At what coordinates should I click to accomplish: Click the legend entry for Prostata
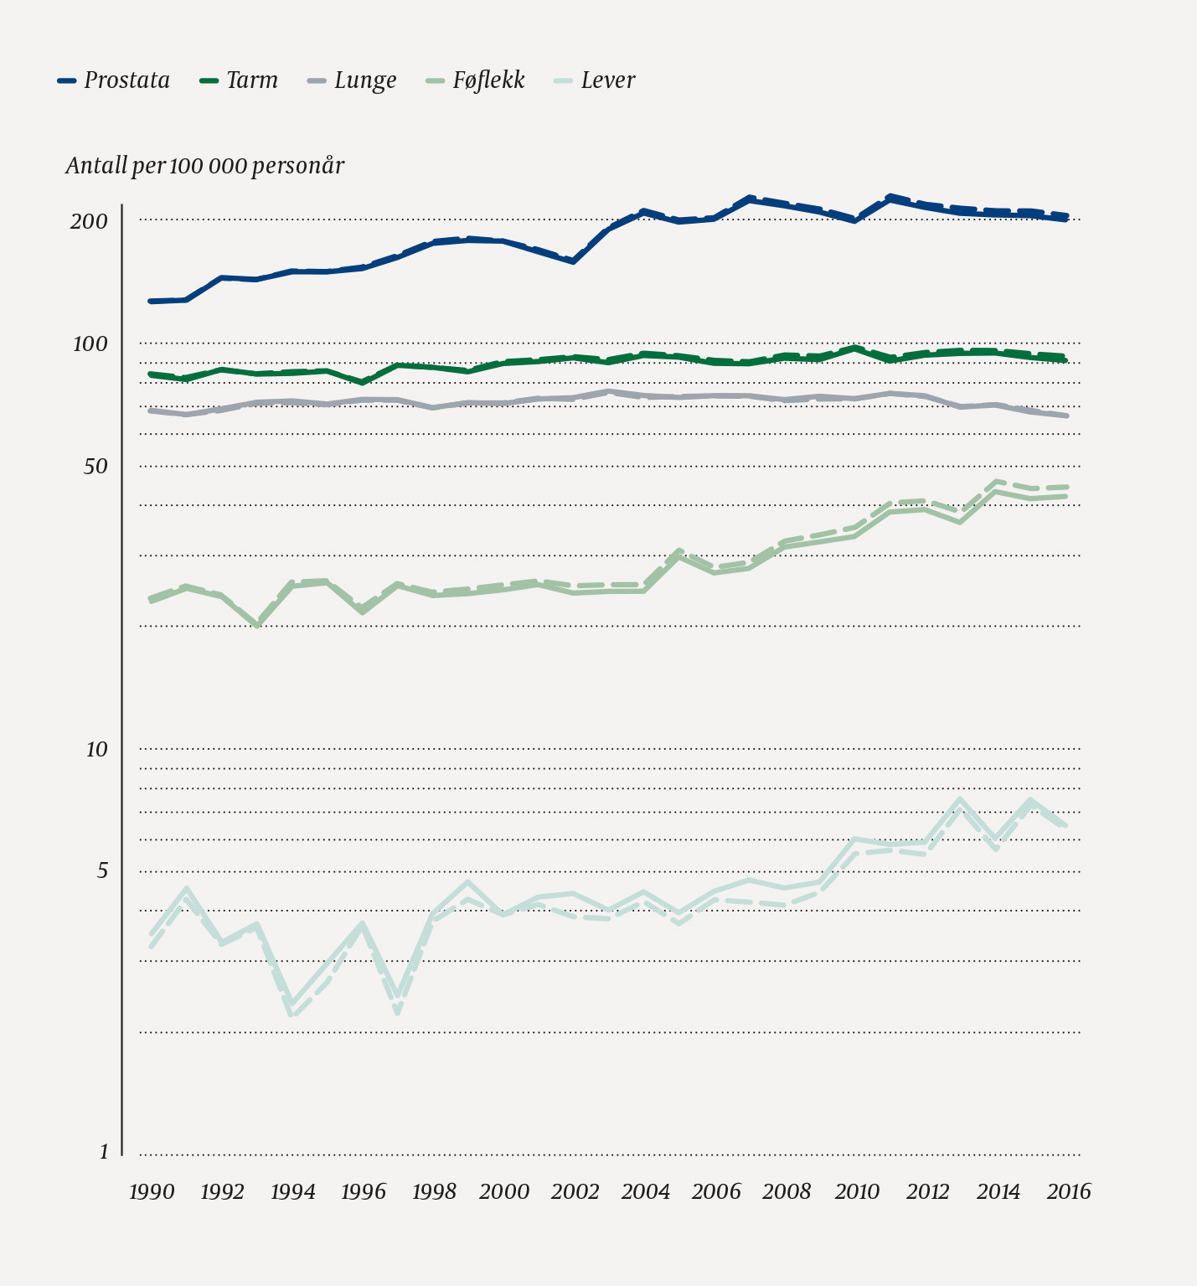[x=114, y=80]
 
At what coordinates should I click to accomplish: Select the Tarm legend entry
[x=240, y=80]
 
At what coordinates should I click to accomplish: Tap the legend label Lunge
[x=352, y=80]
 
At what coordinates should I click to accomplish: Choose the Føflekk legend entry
[x=475, y=80]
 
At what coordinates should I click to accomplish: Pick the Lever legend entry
[x=596, y=80]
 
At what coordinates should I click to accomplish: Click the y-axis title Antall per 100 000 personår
[x=205, y=166]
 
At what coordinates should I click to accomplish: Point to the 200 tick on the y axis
[x=89, y=221]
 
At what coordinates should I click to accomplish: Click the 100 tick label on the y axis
[x=89, y=343]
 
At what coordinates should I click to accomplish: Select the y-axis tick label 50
[x=95, y=466]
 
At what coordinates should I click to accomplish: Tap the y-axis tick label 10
[x=97, y=749]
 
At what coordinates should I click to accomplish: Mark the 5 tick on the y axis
[x=102, y=871]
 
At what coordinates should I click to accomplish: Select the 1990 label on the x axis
[x=152, y=1191]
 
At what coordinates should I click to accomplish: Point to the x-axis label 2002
[x=575, y=1191]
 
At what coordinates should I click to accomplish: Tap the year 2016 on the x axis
[x=1068, y=1191]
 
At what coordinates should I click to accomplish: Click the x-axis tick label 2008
[x=787, y=1191]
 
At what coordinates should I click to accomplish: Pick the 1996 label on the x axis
[x=364, y=1191]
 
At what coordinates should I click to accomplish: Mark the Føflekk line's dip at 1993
[x=257, y=625]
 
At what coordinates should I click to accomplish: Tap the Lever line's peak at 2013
[x=961, y=799]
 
